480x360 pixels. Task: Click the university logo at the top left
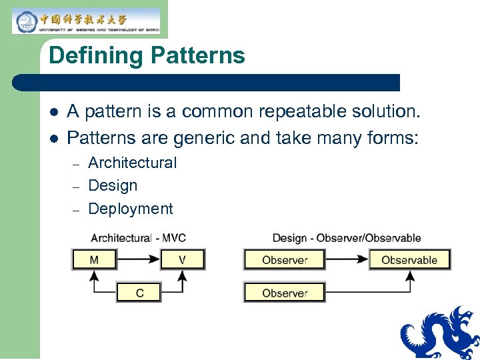[x=86, y=21]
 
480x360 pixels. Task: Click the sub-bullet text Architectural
[x=132, y=163]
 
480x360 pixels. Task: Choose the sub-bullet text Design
[x=113, y=185]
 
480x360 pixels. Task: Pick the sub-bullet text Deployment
[x=130, y=209]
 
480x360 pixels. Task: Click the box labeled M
[x=94, y=259]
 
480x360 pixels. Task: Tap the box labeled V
[x=183, y=259]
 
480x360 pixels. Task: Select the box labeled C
[x=139, y=292]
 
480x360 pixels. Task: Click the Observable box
[x=409, y=259]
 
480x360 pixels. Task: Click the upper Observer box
[x=285, y=259]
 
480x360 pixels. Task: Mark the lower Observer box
[x=285, y=293]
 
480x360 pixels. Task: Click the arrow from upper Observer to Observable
[x=347, y=259]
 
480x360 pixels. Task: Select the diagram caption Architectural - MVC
[x=138, y=238]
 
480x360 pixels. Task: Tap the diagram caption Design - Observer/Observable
[x=347, y=238]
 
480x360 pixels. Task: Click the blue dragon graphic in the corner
[x=441, y=333]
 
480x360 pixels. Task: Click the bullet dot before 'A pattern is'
[x=54, y=111]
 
